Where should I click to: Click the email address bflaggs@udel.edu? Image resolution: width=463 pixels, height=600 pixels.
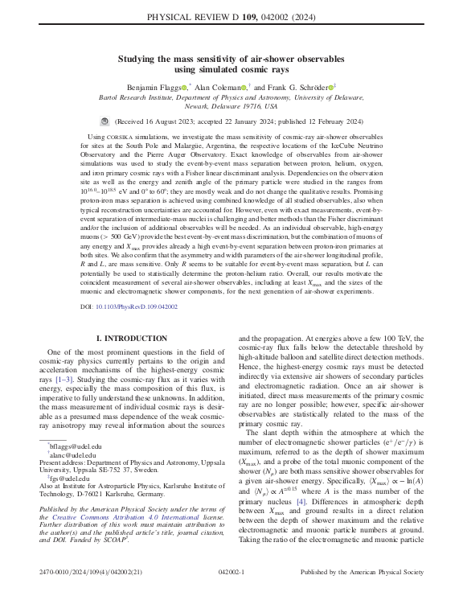point(76,445)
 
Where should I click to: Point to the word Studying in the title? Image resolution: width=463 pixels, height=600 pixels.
point(140,58)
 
